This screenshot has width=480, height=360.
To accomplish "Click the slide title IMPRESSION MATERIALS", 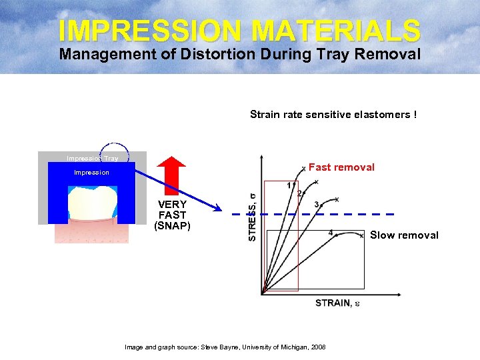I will pyautogui.click(x=239, y=30).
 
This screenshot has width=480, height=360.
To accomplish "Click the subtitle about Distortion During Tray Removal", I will pyautogui.click(x=239, y=55).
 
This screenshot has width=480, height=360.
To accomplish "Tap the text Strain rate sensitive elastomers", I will pyautogui.click(x=333, y=115).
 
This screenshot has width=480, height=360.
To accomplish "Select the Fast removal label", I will pyautogui.click(x=341, y=167).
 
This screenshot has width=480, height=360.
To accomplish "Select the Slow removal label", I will pyautogui.click(x=404, y=235).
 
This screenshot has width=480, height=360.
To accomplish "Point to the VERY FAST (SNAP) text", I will pyautogui.click(x=172, y=215).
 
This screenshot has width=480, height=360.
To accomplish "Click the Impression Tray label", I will pyautogui.click(x=92, y=159).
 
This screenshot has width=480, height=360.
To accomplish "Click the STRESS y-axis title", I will pyautogui.click(x=252, y=217).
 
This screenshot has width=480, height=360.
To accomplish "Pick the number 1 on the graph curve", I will pyautogui.click(x=289, y=185).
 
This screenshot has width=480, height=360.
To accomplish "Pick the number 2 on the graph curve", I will pyautogui.click(x=299, y=193).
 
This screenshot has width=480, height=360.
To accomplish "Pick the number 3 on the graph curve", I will pyautogui.click(x=317, y=204).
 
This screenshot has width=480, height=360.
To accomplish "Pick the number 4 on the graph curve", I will pyautogui.click(x=331, y=233).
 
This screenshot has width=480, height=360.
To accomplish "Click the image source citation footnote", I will pyautogui.click(x=225, y=347).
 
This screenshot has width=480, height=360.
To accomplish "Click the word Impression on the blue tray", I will pyautogui.click(x=91, y=173).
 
